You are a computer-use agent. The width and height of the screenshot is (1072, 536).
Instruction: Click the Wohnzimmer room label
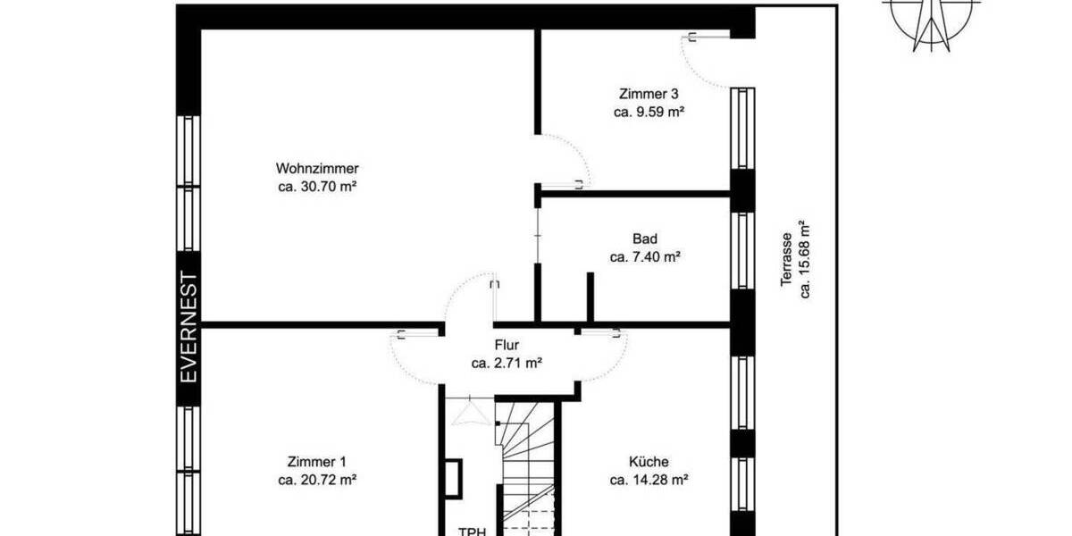click(x=317, y=168)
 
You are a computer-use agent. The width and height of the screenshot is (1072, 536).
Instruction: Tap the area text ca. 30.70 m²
click(x=317, y=187)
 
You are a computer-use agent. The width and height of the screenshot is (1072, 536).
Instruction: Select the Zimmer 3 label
click(x=649, y=94)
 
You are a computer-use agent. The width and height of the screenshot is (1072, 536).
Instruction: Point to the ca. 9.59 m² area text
click(x=649, y=113)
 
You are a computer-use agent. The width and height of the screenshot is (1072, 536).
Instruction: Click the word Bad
click(x=645, y=239)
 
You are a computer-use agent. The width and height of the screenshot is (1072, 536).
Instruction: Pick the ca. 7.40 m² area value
click(x=645, y=257)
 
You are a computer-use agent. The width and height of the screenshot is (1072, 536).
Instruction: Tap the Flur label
click(x=507, y=345)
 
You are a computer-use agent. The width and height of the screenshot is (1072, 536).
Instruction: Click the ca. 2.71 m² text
click(x=507, y=364)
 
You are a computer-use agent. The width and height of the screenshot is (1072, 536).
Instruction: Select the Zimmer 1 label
click(x=317, y=462)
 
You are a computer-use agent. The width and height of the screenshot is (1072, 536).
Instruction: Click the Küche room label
click(x=649, y=462)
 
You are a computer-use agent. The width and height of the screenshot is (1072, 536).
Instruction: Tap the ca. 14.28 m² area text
click(x=649, y=481)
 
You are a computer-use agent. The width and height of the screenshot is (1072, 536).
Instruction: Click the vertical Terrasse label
click(x=786, y=259)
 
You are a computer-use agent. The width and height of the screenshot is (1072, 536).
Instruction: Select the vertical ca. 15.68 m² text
click(x=805, y=259)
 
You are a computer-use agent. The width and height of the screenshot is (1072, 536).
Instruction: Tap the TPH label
click(x=472, y=531)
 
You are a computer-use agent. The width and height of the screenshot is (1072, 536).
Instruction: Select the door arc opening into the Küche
click(x=607, y=357)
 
